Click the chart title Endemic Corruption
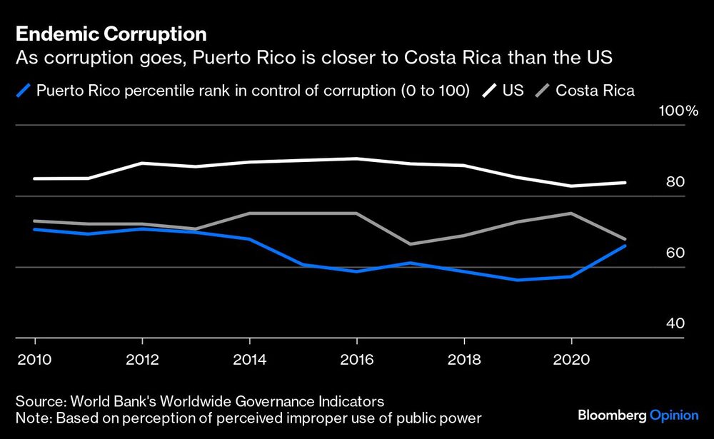(111, 34)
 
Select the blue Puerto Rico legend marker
(24, 91)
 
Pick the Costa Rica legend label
(595, 91)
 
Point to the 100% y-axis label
(663, 111)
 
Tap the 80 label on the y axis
(675, 182)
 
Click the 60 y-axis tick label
(675, 253)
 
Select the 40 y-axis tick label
(675, 323)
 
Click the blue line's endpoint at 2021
(625, 246)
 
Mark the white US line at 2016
(357, 158)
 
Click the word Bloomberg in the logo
(610, 415)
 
